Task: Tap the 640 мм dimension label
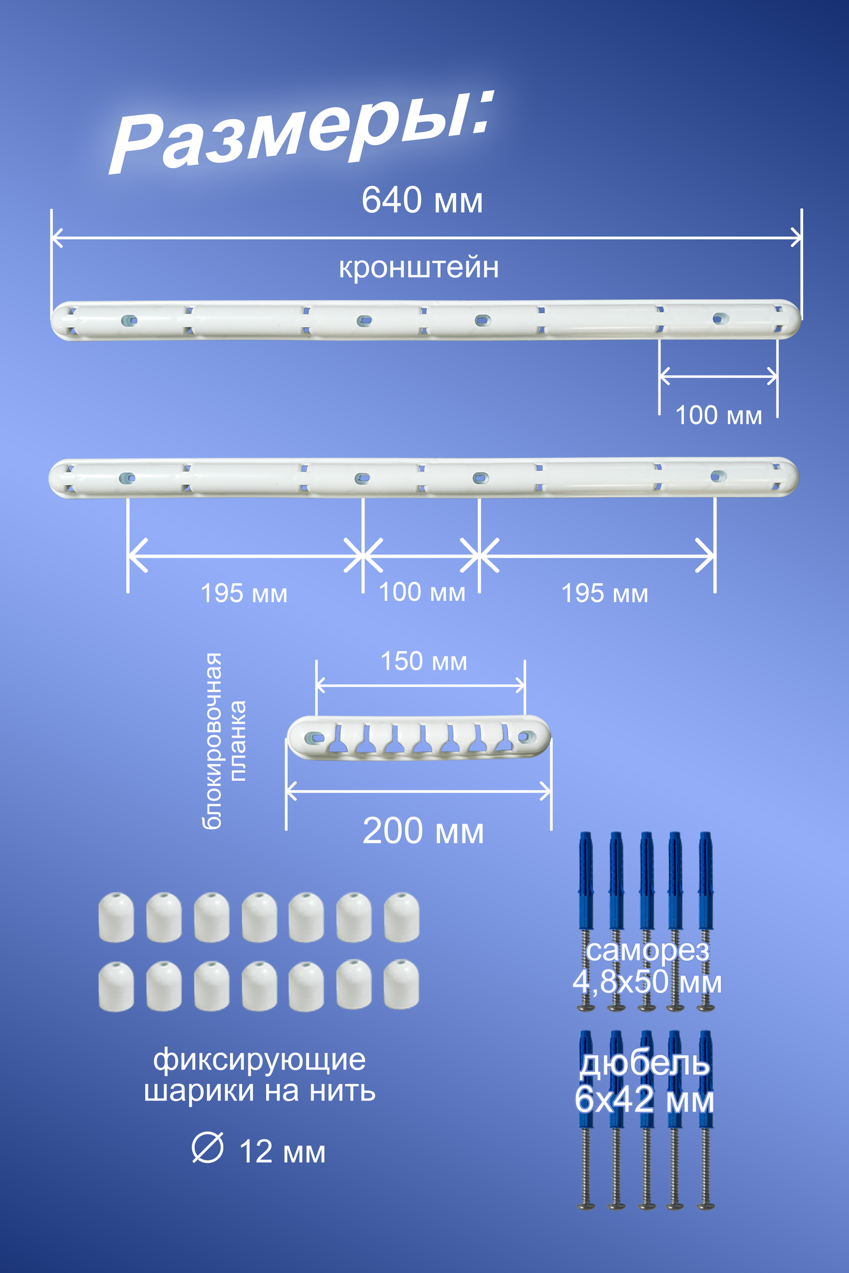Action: click(x=422, y=200)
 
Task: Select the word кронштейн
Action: click(x=418, y=267)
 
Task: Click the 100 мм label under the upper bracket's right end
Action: click(x=718, y=416)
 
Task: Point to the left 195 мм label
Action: click(x=244, y=594)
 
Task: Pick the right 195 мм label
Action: click(x=604, y=594)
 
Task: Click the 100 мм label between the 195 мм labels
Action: click(x=422, y=593)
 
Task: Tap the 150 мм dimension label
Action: click(x=424, y=661)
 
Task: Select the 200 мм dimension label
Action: click(x=423, y=831)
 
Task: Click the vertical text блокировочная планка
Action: click(x=223, y=741)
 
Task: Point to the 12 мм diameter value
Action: click(x=282, y=1152)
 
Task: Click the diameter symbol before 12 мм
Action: click(x=208, y=1149)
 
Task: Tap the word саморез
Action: click(x=647, y=950)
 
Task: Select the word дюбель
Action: click(x=645, y=1064)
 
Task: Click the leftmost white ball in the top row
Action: click(x=116, y=917)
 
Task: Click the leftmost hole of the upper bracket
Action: click(x=129, y=320)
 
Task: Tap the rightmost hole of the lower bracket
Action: click(x=717, y=475)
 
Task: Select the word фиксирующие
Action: click(x=260, y=1060)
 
